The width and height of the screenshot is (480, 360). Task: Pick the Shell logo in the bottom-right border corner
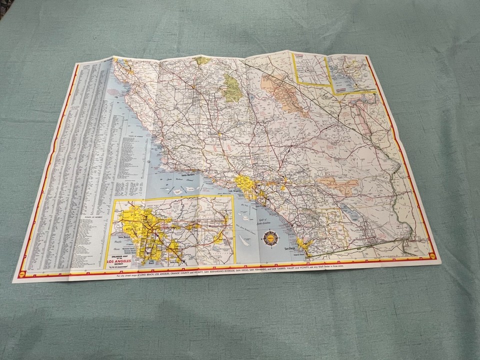(x=432, y=255)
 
